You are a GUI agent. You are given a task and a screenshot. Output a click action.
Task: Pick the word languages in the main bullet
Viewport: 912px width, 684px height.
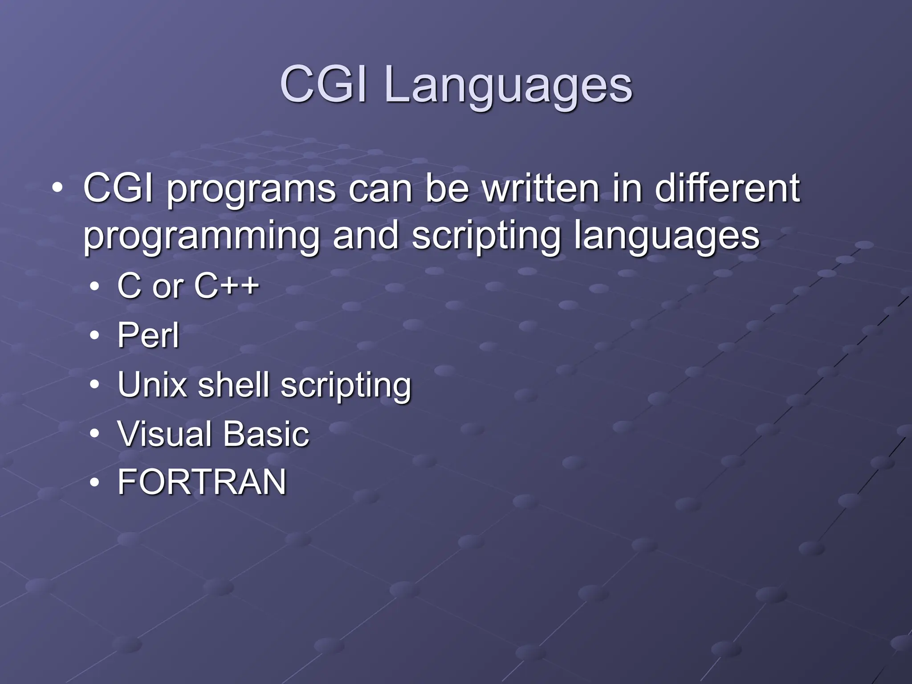coord(666,237)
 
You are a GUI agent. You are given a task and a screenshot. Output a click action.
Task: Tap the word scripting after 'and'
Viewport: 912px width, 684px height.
coord(486,237)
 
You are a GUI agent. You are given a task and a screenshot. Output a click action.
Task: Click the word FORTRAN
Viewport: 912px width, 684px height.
coord(202,482)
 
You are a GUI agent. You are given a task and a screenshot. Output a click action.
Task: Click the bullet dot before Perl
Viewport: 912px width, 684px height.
coord(94,336)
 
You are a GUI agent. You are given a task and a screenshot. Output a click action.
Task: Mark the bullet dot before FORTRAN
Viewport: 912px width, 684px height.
coord(94,483)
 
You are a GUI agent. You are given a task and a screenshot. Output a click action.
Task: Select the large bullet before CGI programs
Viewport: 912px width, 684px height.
coord(57,189)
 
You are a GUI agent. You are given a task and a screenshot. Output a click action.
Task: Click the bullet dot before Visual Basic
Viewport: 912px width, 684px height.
coord(94,434)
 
